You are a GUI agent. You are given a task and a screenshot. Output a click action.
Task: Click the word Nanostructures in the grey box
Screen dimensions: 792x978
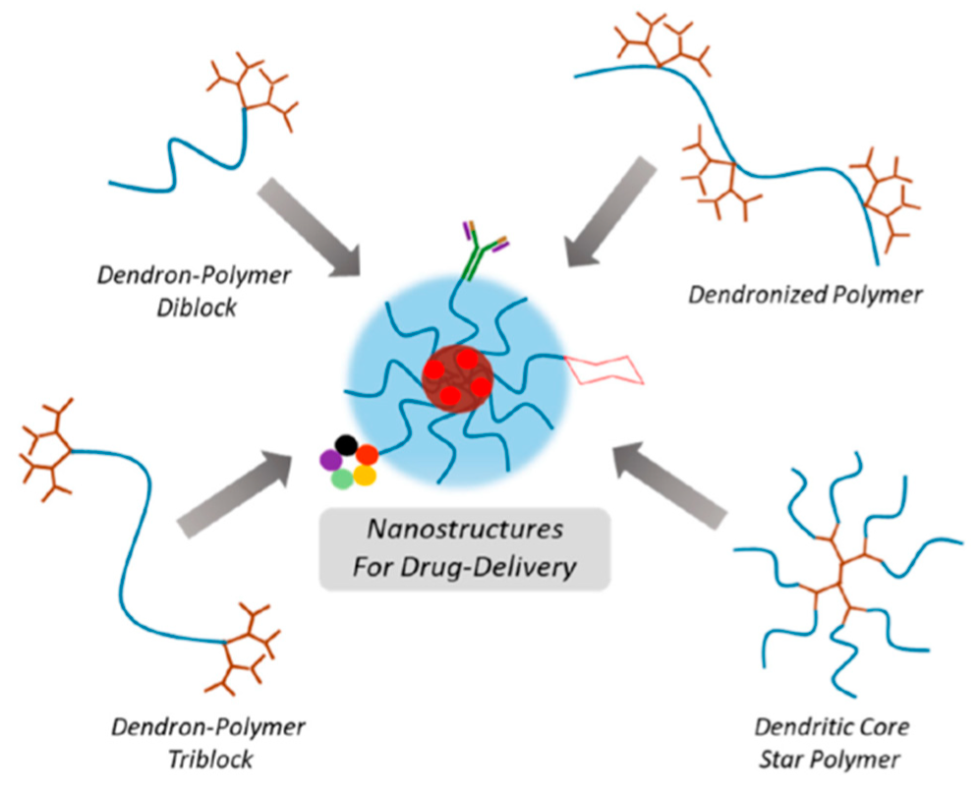point(465,532)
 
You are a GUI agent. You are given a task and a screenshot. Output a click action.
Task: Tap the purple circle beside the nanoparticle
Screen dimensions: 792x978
point(330,459)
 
